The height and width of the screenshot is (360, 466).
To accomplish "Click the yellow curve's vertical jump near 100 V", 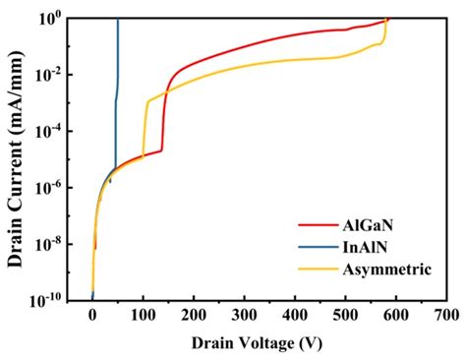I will point(145,128).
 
